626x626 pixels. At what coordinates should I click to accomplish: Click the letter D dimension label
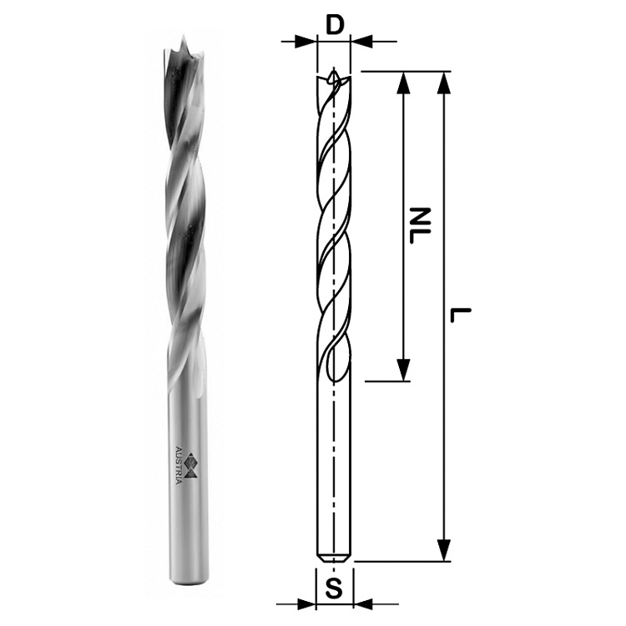[335, 25]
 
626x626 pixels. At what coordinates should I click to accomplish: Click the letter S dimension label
[335, 588]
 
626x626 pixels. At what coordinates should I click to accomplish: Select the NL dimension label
[418, 225]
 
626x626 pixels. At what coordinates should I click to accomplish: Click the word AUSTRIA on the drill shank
[179, 465]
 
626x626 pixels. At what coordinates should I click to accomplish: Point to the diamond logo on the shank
[194, 465]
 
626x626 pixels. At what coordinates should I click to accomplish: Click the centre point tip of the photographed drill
[184, 36]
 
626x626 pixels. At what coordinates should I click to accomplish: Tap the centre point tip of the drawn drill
[333, 68]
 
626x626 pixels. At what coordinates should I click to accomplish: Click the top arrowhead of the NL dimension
[404, 83]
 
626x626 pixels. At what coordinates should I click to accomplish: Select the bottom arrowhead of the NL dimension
[404, 369]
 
